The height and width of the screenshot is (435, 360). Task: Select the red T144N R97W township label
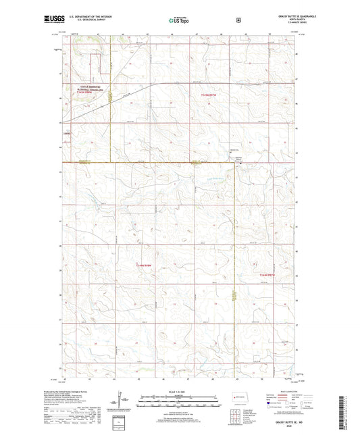click(268, 275)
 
